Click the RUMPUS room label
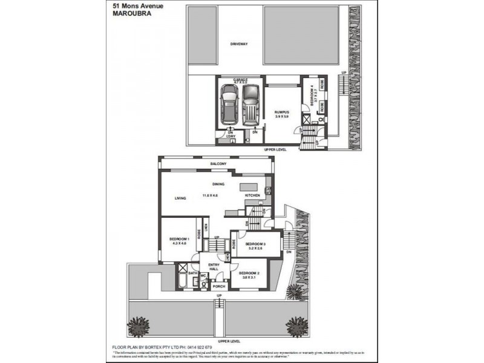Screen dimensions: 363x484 point(282,112)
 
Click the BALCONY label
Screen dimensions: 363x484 point(218,164)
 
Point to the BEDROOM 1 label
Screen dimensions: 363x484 point(180,240)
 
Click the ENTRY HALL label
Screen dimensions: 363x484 point(214,267)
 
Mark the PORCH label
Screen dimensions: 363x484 point(219,286)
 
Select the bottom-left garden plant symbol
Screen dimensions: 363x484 point(139,325)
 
